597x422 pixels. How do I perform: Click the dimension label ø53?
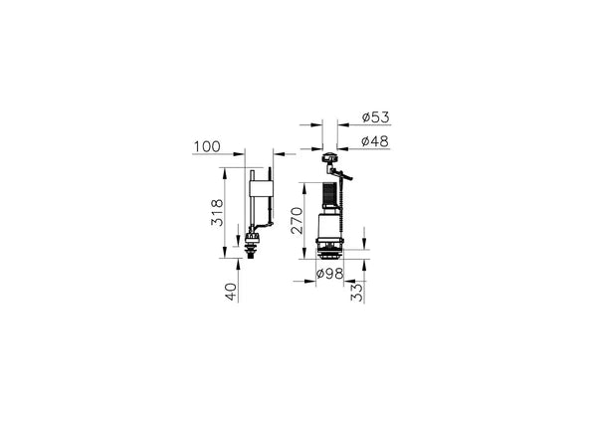[376, 117]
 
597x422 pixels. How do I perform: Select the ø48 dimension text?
[375, 141]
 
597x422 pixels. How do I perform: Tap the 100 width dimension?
[207, 146]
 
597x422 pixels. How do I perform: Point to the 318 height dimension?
[217, 213]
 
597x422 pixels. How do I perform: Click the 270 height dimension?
[297, 220]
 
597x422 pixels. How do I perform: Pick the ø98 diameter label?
[329, 273]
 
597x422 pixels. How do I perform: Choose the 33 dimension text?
[357, 292]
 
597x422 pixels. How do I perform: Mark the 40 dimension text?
[231, 292]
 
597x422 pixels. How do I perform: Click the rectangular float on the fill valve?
[261, 188]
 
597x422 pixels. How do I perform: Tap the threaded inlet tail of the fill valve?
[250, 253]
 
